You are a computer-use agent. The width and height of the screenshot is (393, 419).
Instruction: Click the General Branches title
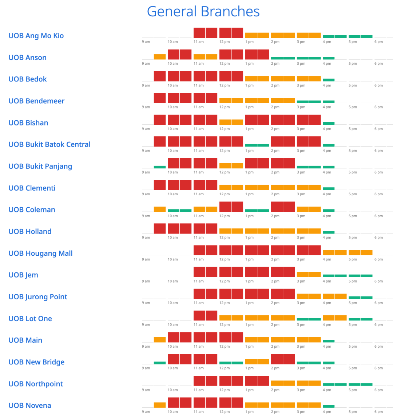[x=203, y=12]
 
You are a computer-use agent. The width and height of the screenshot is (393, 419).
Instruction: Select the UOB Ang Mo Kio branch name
[x=36, y=36]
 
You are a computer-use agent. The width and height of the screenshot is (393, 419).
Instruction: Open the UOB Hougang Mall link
[x=40, y=253]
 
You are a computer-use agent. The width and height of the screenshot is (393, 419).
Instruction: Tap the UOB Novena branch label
[x=30, y=406]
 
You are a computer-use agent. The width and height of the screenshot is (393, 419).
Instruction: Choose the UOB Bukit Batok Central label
[x=49, y=144]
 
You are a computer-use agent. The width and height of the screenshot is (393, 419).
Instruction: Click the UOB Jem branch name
[x=23, y=275]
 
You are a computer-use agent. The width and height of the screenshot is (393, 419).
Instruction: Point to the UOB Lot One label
[x=30, y=319]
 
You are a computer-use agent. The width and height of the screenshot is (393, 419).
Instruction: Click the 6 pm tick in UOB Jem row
[x=378, y=281]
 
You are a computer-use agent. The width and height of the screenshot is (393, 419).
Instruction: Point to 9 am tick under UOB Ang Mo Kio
[x=146, y=42]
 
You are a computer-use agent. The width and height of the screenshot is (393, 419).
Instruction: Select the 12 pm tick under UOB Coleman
[x=225, y=216]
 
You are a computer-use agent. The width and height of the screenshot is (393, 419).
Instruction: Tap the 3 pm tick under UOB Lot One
[x=301, y=325]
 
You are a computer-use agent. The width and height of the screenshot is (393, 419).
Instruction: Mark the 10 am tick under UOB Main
[x=173, y=347]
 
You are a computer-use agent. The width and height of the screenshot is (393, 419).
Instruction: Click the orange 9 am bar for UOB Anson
[x=160, y=57]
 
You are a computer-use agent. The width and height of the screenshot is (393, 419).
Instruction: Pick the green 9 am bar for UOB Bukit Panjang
[x=160, y=167]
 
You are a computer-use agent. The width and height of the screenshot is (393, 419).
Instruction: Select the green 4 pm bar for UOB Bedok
[x=329, y=80]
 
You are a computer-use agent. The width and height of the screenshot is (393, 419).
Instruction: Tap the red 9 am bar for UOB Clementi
[x=160, y=185]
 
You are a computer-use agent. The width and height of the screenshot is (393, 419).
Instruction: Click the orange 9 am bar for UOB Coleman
[x=160, y=209]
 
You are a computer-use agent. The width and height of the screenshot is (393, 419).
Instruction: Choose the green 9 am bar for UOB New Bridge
[x=160, y=363]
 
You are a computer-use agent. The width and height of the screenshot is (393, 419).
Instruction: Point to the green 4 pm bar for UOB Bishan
[x=329, y=123]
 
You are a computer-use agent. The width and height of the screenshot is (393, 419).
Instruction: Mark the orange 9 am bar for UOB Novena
[x=160, y=405]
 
